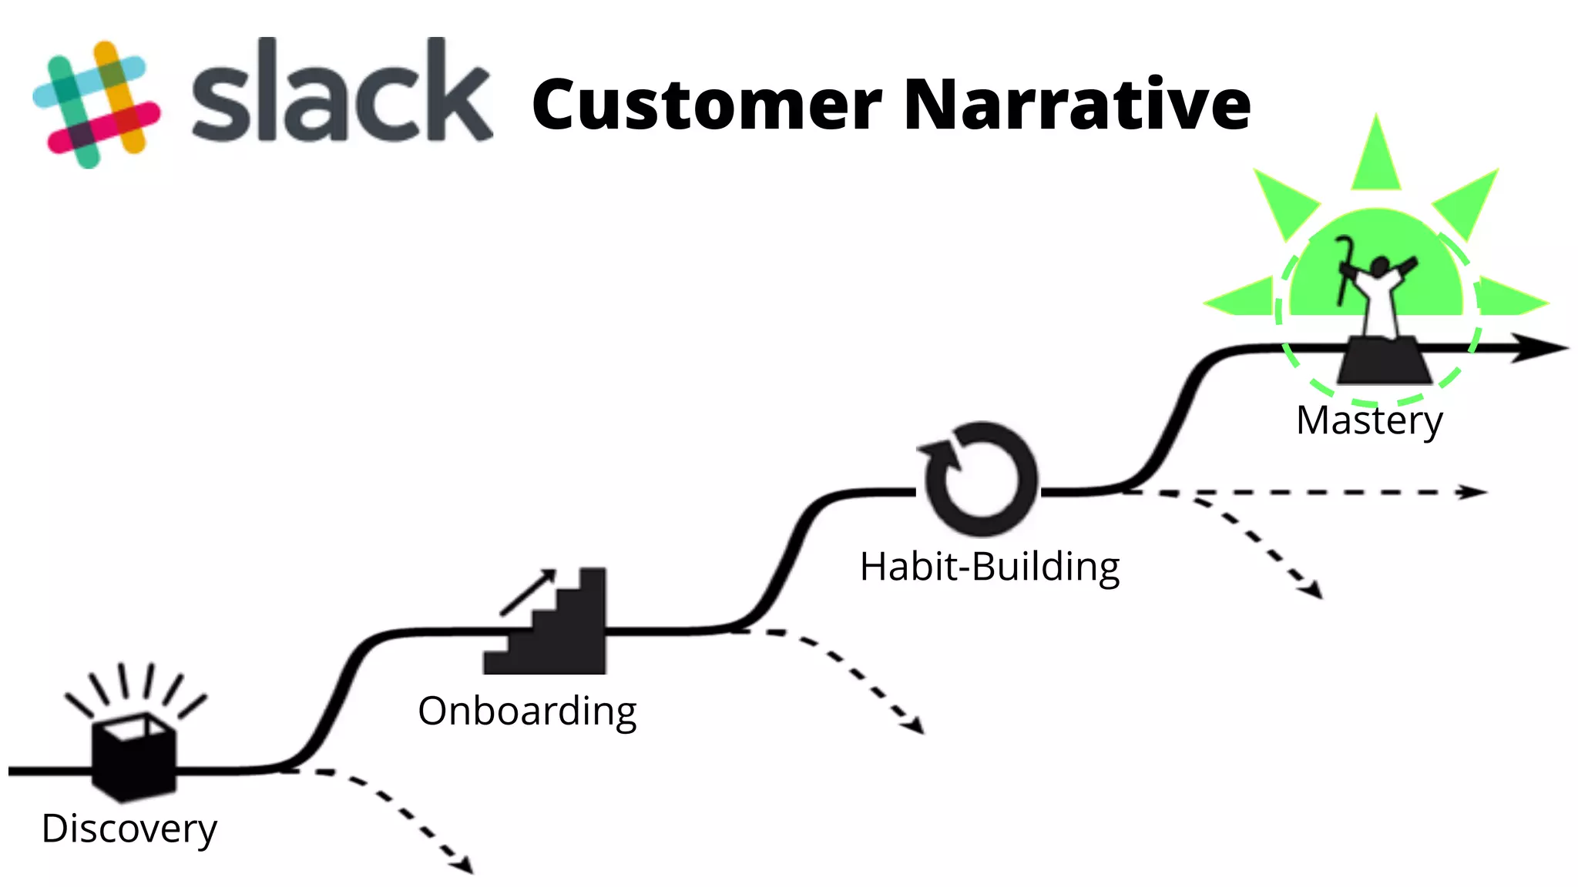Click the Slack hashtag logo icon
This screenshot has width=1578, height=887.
coord(96,104)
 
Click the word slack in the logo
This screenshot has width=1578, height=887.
coord(341,92)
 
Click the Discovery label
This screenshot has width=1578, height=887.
coord(129,828)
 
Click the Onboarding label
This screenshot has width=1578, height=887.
coord(527,711)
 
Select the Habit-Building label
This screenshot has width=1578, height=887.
coord(989,567)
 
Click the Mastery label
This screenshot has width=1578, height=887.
coord(1369,420)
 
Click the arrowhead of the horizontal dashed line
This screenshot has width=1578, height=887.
coord(1473,492)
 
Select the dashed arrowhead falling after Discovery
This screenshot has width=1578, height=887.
coord(464,865)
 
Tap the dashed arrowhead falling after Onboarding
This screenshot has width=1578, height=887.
coord(915,725)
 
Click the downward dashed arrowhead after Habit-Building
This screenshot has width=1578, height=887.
coord(1312,591)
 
